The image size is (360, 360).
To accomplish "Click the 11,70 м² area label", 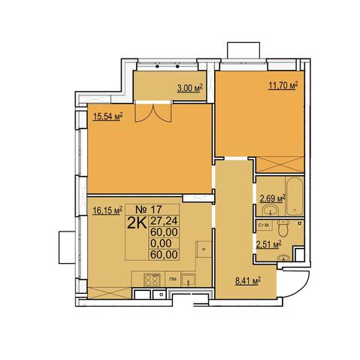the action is pos(283,86).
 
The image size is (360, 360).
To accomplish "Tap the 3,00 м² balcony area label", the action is pos(189,89).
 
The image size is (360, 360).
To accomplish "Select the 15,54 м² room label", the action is pos(107,116).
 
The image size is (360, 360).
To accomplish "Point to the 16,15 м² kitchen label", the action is pos(107,210).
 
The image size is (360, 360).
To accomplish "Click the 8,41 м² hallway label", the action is pos(248,281).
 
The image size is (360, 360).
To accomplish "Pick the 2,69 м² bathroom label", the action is pos(273,198).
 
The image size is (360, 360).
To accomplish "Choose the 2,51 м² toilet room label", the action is pos(268,245).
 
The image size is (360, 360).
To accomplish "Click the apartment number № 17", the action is pos(149,209).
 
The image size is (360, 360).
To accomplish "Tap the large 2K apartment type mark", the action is pos(137,223).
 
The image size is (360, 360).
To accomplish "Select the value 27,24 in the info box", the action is pos(164,221).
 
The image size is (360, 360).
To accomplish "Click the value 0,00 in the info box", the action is pos(161,244).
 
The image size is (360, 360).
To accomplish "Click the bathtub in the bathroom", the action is pos(295,196).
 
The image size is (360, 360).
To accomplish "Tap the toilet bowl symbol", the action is pos(283,228).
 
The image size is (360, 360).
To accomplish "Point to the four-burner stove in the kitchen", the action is pos(152,280).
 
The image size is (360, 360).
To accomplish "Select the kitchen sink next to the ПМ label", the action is pos(189,280).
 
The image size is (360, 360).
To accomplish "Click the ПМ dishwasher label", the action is pos(173,279).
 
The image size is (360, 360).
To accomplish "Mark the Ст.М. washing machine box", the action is pos(265,225).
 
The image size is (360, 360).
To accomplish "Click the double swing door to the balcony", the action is pos(153,113).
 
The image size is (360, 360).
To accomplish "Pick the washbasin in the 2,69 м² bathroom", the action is pos(271,210).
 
